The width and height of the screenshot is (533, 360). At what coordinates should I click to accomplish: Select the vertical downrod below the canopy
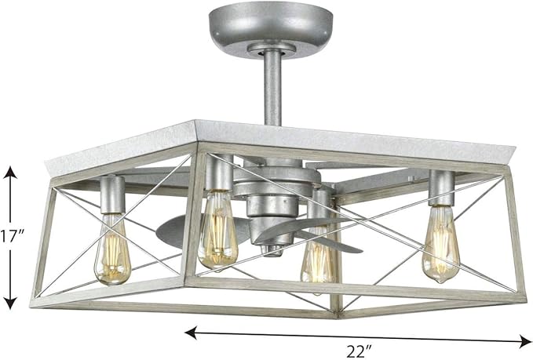tap(272, 89)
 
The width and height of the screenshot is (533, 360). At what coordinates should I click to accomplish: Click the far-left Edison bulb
tap(112, 250)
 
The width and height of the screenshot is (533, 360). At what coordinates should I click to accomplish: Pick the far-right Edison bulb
tap(440, 244)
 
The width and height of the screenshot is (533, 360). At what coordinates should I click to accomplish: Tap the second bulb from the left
tap(217, 231)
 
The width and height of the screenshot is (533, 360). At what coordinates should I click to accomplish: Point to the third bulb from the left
tap(318, 255)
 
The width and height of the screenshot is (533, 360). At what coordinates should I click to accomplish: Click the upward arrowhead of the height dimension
tap(10, 173)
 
